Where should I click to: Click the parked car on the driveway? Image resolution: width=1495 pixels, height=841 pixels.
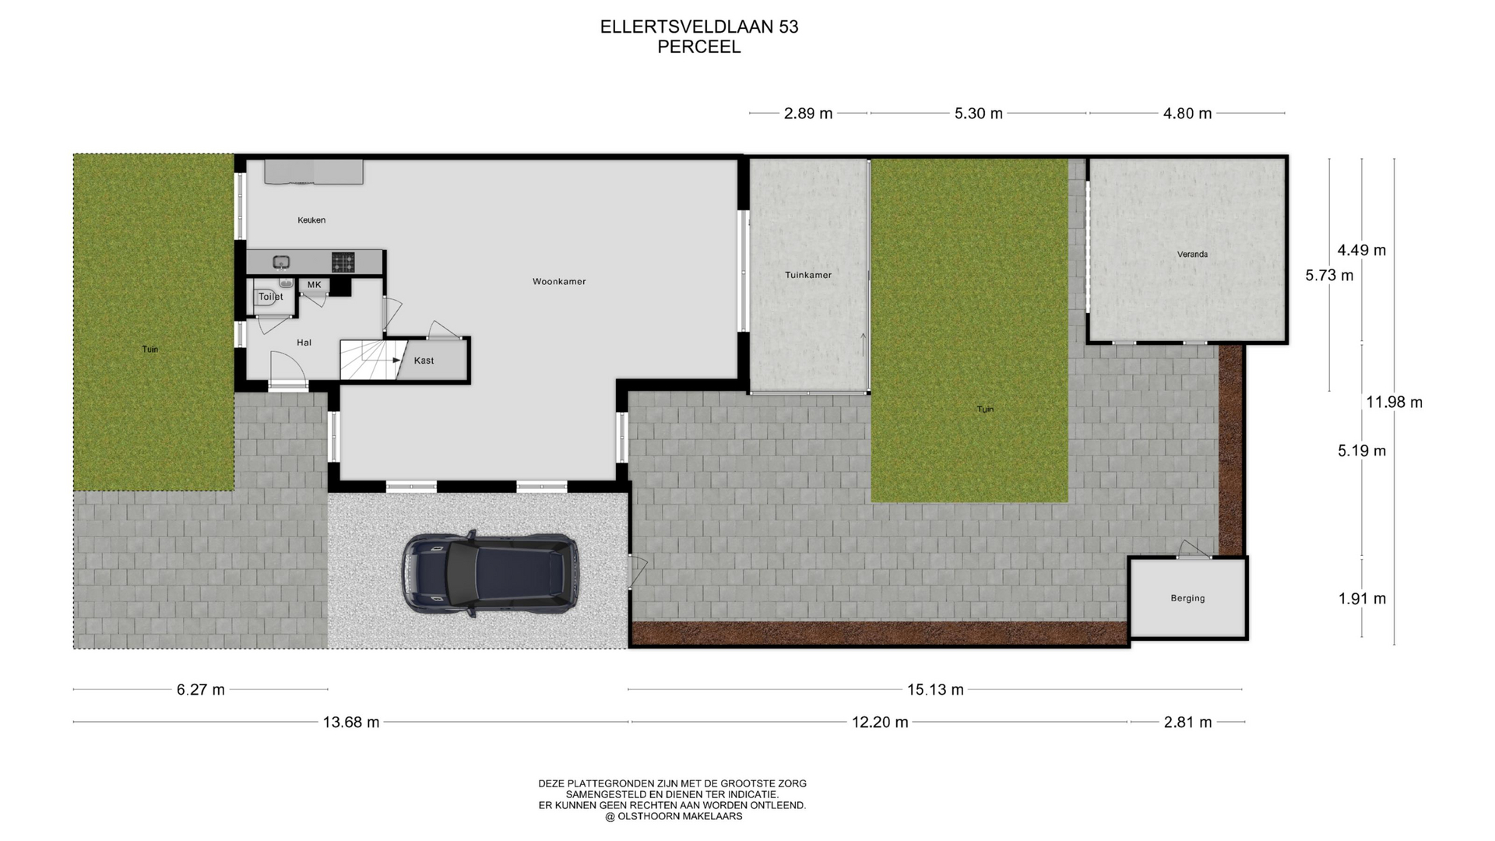[490, 575]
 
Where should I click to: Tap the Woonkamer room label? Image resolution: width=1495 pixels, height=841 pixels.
[559, 281]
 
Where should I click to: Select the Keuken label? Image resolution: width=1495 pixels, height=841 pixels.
[311, 220]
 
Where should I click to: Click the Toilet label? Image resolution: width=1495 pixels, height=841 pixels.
[271, 297]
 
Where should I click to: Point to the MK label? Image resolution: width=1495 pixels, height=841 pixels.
[315, 285]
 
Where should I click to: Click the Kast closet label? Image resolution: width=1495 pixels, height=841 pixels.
[424, 361]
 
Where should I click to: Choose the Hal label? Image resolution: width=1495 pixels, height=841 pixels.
[304, 343]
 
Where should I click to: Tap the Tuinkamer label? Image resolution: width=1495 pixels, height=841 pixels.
[808, 275]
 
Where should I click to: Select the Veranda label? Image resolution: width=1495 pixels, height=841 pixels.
[1192, 255]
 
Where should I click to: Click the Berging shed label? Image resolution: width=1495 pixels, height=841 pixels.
[1187, 599]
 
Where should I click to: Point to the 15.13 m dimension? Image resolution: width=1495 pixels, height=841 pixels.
[935, 690]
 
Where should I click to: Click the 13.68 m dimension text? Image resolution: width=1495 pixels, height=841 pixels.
[351, 723]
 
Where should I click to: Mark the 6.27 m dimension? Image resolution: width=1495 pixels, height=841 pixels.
[201, 690]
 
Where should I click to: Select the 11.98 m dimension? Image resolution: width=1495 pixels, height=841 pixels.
[1395, 403]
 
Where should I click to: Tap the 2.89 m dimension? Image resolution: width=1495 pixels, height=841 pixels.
[808, 114]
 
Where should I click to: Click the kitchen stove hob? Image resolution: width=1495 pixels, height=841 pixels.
[343, 262]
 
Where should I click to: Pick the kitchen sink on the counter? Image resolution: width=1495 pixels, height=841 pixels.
[281, 262]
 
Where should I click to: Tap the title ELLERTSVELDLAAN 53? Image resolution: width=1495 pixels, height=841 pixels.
[699, 26]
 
